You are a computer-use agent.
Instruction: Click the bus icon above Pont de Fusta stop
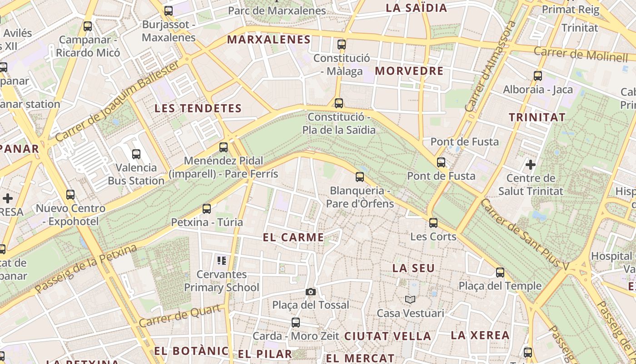(x=441, y=162)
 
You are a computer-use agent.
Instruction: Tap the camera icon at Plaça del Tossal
(x=311, y=292)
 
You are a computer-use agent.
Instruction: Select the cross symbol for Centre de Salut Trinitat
(x=530, y=164)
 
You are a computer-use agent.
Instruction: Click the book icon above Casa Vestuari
(x=410, y=299)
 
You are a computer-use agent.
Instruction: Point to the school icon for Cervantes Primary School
(x=222, y=261)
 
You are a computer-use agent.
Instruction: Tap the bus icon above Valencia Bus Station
(x=136, y=154)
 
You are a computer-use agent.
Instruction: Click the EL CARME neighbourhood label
(x=293, y=237)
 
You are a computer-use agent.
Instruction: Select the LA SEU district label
(x=413, y=268)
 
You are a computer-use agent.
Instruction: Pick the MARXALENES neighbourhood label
(x=269, y=40)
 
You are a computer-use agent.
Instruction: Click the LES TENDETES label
(x=198, y=108)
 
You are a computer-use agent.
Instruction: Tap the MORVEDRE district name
(x=409, y=71)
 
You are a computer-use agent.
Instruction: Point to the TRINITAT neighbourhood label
(x=537, y=117)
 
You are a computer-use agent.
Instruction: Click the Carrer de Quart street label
(x=181, y=315)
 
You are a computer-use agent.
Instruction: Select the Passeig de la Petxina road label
(x=86, y=268)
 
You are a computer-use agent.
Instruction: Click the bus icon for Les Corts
(x=433, y=223)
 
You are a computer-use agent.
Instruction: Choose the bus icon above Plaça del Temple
(x=500, y=273)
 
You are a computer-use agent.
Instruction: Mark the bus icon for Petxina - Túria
(x=207, y=209)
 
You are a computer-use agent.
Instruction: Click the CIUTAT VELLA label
(x=388, y=336)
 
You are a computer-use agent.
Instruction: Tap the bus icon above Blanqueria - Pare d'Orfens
(x=360, y=177)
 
